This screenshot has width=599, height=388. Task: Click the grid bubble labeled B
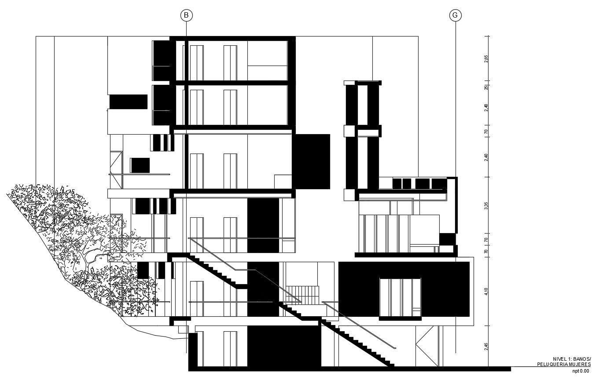(186, 15)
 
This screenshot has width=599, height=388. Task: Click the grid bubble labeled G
(455, 15)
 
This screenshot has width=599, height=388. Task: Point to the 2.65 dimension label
(486, 59)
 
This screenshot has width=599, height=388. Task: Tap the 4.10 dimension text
(486, 291)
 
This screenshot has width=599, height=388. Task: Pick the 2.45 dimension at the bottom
(486, 346)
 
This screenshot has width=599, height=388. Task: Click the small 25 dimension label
(486, 87)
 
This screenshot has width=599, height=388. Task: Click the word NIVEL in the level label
(559, 359)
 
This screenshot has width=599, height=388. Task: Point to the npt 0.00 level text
(580, 371)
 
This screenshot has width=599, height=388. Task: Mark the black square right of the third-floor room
(311, 161)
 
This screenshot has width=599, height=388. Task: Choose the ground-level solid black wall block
(284, 346)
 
